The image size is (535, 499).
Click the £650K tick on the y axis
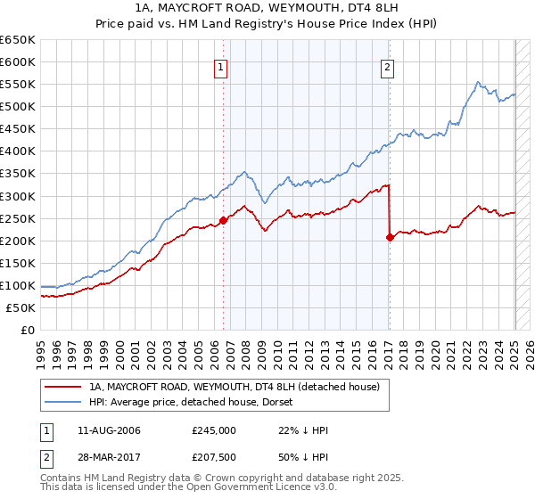coord(18,40)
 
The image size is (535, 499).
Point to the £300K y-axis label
coord(18,196)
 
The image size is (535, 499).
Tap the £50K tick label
coord(21,307)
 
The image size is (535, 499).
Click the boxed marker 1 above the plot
coord(220,65)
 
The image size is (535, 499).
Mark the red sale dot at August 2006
coord(223,220)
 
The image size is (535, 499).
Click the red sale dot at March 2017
coord(390,237)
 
